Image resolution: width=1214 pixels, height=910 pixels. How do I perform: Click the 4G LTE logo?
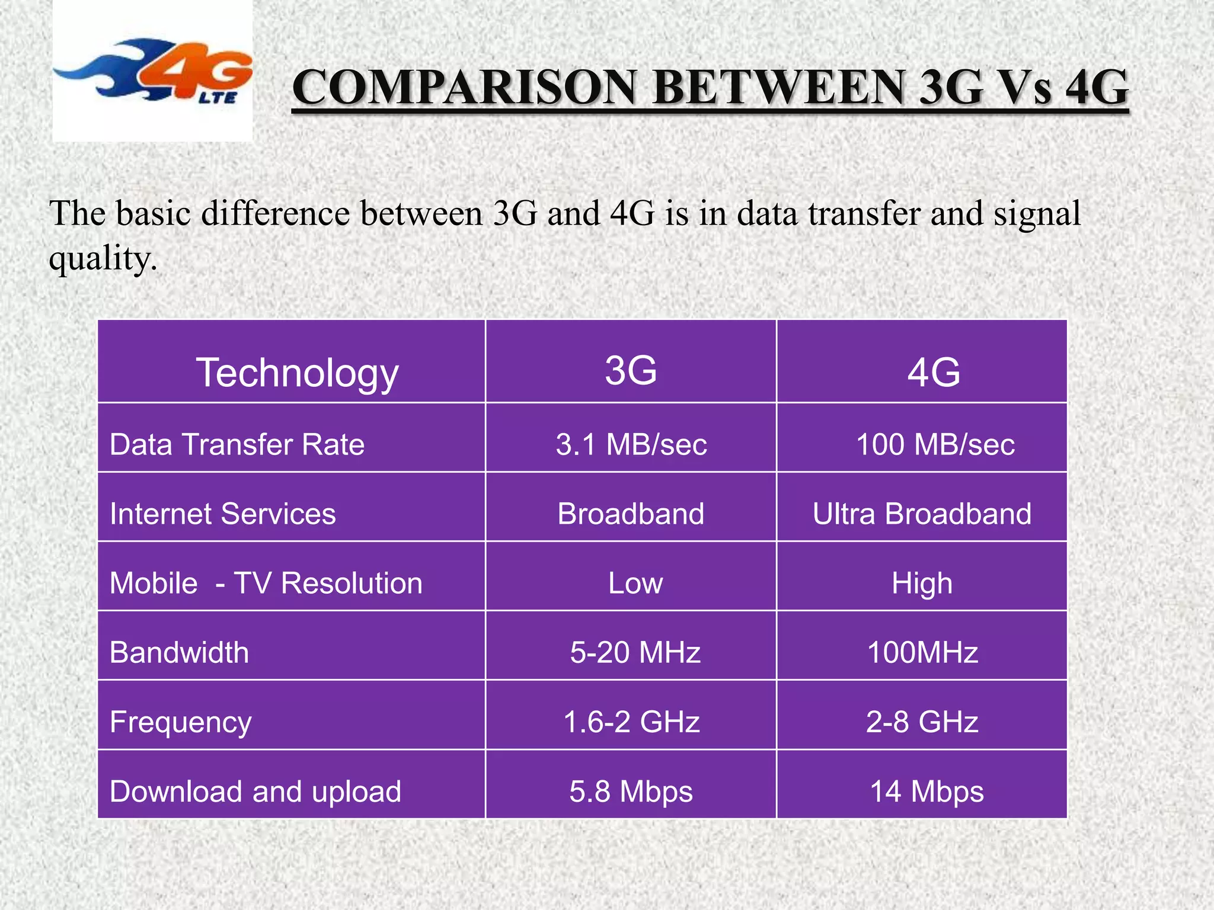click(153, 71)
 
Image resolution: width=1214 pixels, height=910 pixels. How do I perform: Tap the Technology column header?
click(297, 373)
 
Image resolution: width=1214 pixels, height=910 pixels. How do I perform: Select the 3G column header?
click(631, 371)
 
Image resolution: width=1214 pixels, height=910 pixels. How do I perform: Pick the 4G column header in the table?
click(934, 373)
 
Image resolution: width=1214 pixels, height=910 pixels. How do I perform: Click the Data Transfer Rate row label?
click(237, 444)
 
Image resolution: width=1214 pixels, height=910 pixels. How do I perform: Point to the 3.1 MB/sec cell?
click(631, 444)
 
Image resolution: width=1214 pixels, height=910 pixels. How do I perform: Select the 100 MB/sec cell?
click(935, 444)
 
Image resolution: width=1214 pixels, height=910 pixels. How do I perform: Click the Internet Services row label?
click(223, 514)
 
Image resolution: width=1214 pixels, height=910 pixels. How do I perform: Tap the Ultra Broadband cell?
click(922, 514)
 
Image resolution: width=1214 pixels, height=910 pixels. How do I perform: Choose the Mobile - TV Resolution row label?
click(266, 583)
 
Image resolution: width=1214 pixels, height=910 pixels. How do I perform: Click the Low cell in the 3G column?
click(635, 583)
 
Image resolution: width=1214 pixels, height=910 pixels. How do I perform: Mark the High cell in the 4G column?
click(922, 583)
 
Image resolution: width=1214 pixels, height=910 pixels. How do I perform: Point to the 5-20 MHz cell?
click(635, 652)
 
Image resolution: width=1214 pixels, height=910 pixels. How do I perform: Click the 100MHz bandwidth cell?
click(922, 652)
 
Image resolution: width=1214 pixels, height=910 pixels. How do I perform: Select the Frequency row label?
click(181, 722)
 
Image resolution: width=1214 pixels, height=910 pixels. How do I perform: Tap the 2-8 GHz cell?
click(922, 722)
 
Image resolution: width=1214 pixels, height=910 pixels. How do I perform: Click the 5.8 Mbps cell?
click(631, 792)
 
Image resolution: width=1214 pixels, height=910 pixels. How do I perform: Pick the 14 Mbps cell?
click(927, 792)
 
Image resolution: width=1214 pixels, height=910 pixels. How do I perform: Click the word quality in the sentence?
click(103, 259)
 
